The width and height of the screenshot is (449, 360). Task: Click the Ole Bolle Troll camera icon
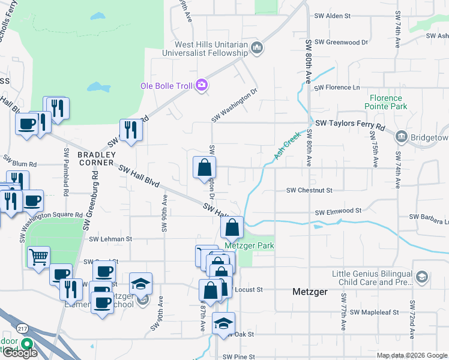(x=201, y=86)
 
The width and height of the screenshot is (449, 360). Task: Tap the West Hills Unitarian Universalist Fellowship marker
(x=258, y=47)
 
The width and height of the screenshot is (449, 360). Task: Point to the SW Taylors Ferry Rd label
(x=350, y=124)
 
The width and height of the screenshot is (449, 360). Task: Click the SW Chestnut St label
(x=309, y=190)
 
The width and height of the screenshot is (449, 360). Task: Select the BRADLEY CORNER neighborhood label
(x=95, y=158)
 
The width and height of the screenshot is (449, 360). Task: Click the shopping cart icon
(x=38, y=257)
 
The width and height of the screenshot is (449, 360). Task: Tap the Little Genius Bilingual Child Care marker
(x=422, y=277)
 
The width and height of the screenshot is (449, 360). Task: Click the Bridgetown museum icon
(x=401, y=137)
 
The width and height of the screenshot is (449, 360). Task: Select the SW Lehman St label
(x=110, y=239)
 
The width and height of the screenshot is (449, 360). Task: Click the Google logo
(x=20, y=353)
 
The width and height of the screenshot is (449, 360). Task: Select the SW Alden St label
(x=333, y=16)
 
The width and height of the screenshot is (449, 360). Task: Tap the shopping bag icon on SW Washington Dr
(x=204, y=168)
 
